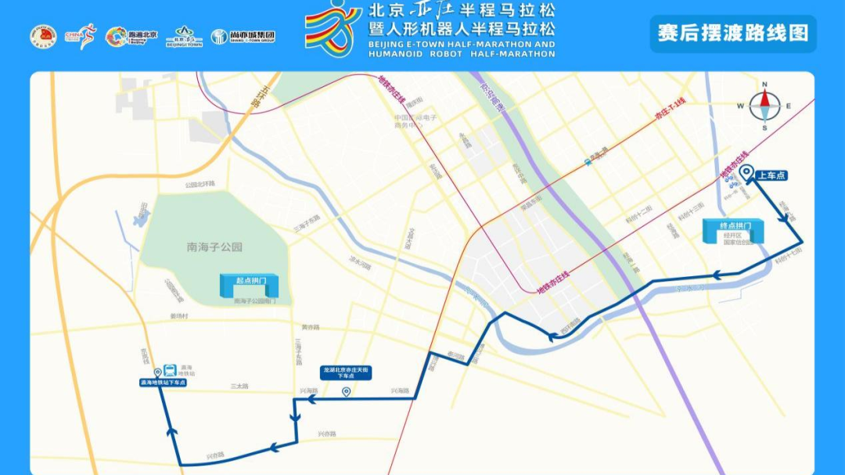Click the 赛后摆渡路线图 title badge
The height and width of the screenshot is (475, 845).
coord(733,34)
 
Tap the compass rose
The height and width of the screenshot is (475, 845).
coord(764,106)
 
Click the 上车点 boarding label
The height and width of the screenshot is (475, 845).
coord(771,175)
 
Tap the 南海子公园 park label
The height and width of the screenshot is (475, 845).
coord(214,246)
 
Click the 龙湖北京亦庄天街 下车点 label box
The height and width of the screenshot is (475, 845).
coord(346,372)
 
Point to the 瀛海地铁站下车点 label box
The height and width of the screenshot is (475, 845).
coord(163,383)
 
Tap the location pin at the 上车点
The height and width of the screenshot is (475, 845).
coord(746,174)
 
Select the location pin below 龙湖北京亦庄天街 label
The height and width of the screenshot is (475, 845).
coord(346,391)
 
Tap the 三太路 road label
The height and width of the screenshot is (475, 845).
coord(239,387)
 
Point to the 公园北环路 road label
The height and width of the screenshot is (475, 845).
coord(199,185)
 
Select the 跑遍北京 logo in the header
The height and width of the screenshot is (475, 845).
coord(131,36)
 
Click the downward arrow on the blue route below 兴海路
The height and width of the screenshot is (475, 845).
coord(294,417)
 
